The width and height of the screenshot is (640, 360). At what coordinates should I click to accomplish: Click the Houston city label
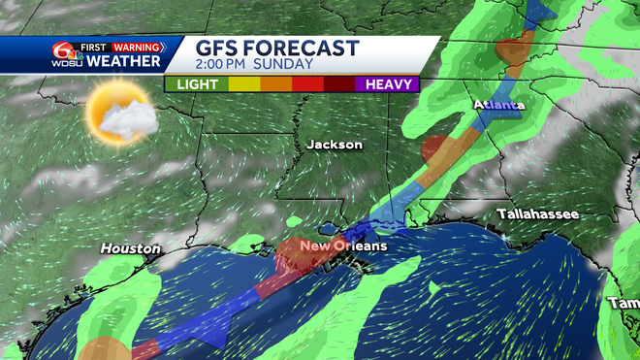(x=130, y=249)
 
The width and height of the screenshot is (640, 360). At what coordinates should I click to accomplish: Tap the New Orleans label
(x=342, y=246)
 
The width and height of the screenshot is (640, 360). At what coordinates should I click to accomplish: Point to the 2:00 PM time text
(x=228, y=65)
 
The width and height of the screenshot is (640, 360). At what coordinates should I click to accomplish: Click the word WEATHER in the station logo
(x=124, y=62)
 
